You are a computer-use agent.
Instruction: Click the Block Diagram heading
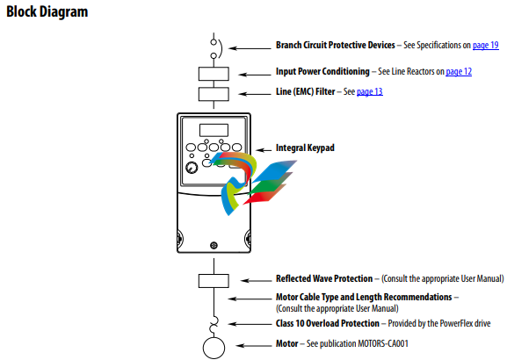point(47,11)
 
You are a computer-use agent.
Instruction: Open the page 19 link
point(486,45)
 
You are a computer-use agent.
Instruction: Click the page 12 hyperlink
point(459,71)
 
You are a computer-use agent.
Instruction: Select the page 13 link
point(370,91)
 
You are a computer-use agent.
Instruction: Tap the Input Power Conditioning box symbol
point(214,74)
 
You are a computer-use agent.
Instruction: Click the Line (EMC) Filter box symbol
point(214,94)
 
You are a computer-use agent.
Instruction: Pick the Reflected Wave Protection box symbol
point(214,281)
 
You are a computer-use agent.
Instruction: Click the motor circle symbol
point(214,348)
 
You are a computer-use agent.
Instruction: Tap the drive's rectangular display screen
point(214,130)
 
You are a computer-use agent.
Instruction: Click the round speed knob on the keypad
point(192,168)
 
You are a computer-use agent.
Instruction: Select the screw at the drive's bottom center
point(214,245)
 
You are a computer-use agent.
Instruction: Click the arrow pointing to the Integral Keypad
point(264,150)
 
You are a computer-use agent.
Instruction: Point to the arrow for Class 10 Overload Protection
point(250,324)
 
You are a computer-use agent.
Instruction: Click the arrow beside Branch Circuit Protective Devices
point(250,48)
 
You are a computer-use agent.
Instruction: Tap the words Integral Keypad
point(305,148)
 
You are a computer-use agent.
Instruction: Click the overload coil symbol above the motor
point(214,325)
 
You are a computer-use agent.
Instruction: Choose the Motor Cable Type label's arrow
point(250,299)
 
